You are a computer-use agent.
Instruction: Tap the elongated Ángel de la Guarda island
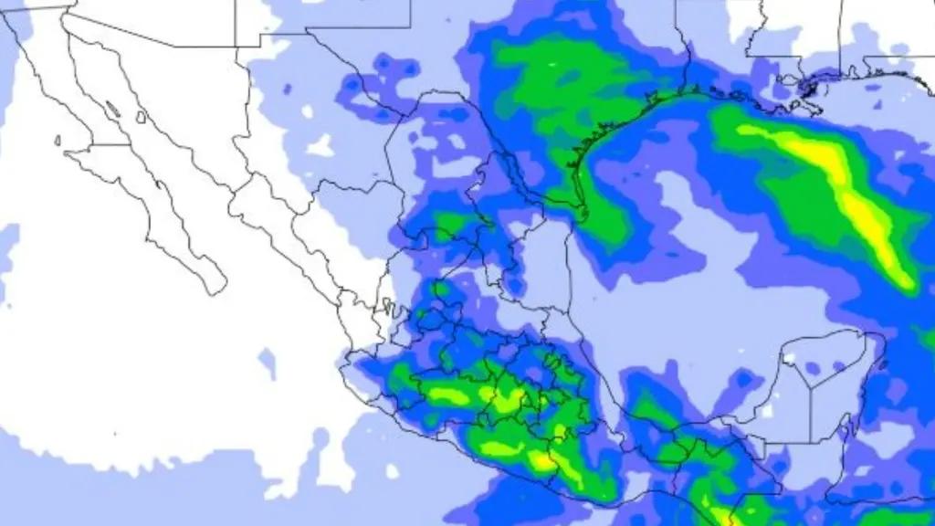(111, 109)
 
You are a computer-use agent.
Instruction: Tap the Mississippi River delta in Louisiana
(809, 88)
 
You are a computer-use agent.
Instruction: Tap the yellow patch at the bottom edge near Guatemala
(721, 517)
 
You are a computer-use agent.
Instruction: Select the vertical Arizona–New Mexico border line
(236, 23)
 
